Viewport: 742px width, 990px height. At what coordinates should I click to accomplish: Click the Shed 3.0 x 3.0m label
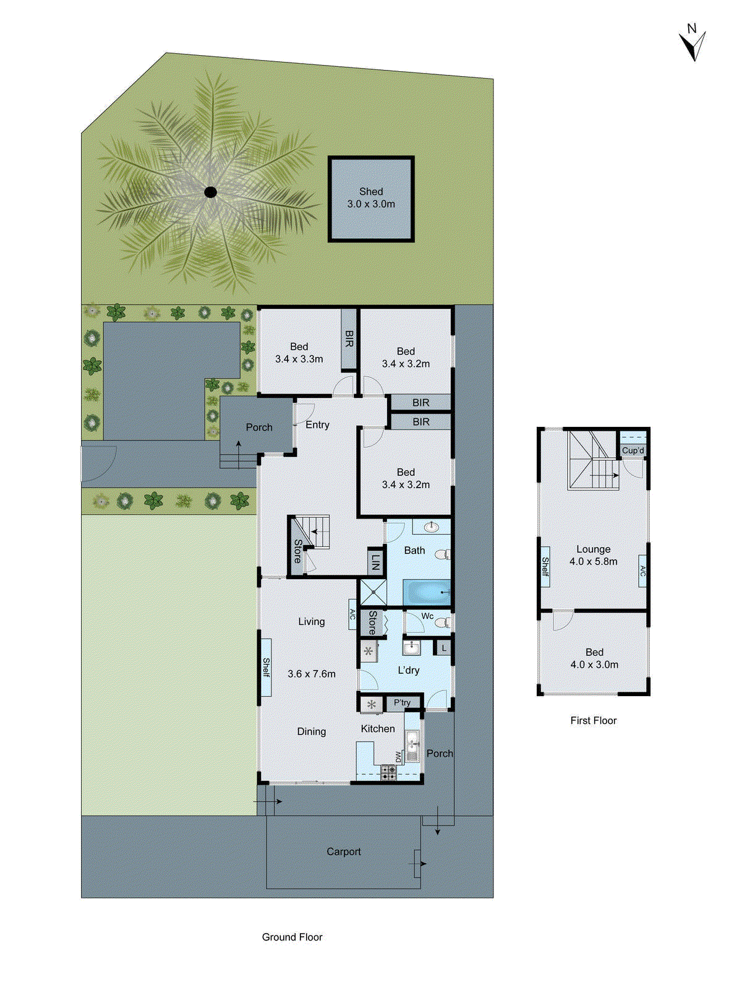coord(371,198)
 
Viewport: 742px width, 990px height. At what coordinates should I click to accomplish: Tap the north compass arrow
coord(693,45)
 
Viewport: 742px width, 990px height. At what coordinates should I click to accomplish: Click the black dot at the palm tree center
coord(211,192)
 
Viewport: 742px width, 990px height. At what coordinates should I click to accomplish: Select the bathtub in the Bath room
coord(426,592)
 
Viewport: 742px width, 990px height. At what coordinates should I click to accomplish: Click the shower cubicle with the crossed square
coord(373,592)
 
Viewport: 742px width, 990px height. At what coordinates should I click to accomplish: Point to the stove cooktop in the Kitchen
coord(389,772)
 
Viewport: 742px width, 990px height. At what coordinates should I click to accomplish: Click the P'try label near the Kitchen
coord(402,703)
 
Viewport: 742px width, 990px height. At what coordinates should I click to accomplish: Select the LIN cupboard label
coord(375,562)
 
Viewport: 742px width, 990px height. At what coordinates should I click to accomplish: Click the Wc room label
coord(427,616)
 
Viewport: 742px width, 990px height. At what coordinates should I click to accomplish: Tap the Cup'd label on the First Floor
coord(633,450)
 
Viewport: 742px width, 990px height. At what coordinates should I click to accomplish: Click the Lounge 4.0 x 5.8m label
coord(594,555)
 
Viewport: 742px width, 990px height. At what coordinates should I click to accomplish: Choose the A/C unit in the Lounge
coord(642,570)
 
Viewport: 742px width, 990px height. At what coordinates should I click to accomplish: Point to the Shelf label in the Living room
coord(266,667)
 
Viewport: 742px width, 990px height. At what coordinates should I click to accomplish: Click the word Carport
coord(344,852)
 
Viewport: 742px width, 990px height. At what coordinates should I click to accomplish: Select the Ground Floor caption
coord(292,937)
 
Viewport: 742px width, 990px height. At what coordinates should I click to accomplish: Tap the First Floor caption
coord(594,720)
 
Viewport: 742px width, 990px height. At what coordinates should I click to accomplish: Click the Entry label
coord(317,425)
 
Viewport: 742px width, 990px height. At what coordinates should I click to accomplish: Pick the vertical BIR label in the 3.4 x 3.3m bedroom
coord(349,339)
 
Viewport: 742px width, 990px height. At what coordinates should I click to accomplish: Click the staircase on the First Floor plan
coord(592,461)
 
